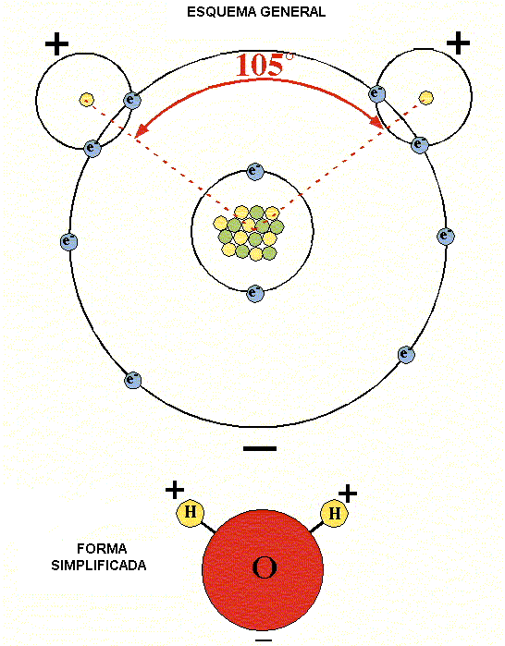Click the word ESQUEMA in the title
(x=221, y=12)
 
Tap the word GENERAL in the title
(x=292, y=12)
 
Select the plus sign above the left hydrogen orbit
(x=56, y=43)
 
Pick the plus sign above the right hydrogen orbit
(x=458, y=43)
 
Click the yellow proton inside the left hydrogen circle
(x=87, y=100)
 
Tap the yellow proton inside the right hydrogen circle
(x=425, y=98)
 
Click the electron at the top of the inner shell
(x=255, y=171)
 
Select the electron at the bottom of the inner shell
(x=255, y=293)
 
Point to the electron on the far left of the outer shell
(x=68, y=242)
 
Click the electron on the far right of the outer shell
(x=446, y=237)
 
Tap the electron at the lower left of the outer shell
(x=133, y=380)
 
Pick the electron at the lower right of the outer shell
(x=406, y=355)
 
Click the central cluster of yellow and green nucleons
(x=249, y=233)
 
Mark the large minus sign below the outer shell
(x=260, y=448)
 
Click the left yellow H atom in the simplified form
(x=190, y=513)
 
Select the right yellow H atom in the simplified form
(x=334, y=514)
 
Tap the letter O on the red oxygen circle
(x=265, y=568)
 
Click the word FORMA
(x=102, y=549)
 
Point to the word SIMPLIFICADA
(x=99, y=566)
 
